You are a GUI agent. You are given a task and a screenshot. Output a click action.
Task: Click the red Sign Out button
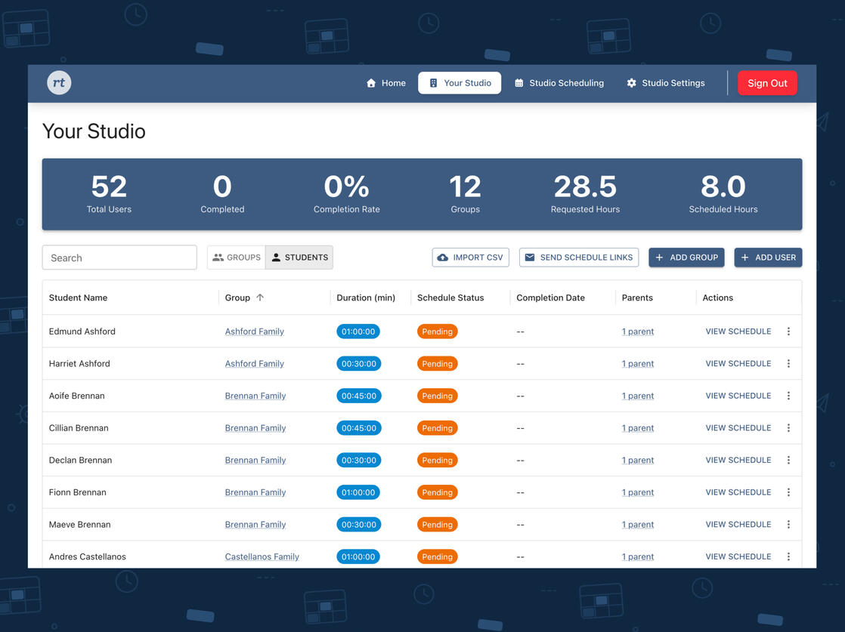(x=767, y=83)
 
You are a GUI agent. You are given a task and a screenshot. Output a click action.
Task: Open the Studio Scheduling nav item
(x=559, y=83)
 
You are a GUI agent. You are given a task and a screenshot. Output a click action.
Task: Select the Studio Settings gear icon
(x=632, y=83)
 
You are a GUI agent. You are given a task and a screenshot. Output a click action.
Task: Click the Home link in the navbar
(x=386, y=83)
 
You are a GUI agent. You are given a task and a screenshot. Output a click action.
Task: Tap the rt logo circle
(x=59, y=83)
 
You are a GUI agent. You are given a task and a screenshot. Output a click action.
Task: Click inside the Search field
(x=119, y=257)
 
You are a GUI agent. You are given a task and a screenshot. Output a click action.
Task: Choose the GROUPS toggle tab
(x=237, y=257)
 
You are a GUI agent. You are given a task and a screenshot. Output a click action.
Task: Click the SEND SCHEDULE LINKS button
(x=579, y=257)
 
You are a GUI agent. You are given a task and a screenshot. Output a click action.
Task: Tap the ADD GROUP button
(x=686, y=257)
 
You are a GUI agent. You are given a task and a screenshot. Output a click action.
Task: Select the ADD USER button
(x=768, y=257)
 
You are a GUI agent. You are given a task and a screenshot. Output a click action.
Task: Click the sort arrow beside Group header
(x=260, y=298)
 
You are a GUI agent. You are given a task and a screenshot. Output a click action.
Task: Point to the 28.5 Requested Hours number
(x=585, y=187)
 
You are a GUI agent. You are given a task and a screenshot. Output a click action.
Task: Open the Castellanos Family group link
(x=262, y=556)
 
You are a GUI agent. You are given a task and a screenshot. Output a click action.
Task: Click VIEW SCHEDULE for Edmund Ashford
(x=738, y=331)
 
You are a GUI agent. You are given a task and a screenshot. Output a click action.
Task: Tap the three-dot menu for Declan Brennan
(x=788, y=460)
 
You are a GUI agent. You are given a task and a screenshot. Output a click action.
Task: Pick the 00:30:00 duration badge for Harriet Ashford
(x=358, y=363)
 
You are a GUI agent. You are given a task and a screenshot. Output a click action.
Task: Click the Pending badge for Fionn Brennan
(x=437, y=492)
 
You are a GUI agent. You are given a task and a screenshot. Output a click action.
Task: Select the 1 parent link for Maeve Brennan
(x=637, y=524)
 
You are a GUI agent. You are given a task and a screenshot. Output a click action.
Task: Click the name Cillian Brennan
(x=79, y=428)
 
